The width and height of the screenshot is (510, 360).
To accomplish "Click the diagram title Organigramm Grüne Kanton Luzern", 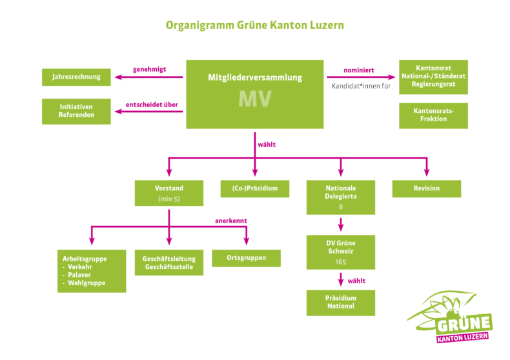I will (x=254, y=26).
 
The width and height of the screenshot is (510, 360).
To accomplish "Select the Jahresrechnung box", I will (x=76, y=77).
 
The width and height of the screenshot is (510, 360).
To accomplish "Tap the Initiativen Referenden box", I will (x=76, y=111).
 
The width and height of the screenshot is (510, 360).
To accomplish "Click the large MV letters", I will (x=254, y=99).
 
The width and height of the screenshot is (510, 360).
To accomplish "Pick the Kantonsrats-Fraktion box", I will (x=433, y=115).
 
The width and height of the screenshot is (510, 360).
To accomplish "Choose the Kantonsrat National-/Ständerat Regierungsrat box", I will (x=433, y=77).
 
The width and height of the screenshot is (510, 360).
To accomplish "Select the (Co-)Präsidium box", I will (x=254, y=188).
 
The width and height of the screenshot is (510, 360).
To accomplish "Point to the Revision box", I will (x=426, y=188).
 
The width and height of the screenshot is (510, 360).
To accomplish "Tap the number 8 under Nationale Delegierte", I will (x=340, y=207).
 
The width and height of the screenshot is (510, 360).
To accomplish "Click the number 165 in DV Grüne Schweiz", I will (x=340, y=262).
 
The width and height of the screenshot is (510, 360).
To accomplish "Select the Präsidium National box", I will (x=340, y=303).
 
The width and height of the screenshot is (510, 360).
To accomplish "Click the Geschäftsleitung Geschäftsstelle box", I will (x=169, y=263).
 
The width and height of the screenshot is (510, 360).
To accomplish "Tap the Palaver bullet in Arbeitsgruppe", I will (x=79, y=275).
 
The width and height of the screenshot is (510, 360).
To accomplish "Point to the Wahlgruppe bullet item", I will (x=86, y=283).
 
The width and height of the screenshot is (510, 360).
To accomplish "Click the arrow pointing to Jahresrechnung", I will (x=148, y=77).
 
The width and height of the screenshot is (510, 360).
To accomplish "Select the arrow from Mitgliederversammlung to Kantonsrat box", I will (x=362, y=77).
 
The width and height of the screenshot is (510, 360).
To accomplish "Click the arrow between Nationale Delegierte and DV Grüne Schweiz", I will (x=340, y=225).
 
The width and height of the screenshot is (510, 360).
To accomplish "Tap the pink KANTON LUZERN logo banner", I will (x=462, y=337).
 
